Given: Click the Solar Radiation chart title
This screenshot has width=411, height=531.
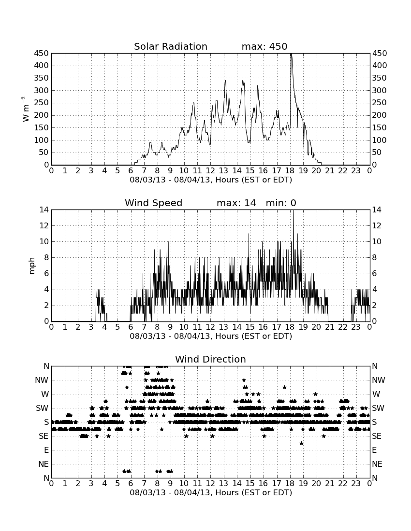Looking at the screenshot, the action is click(171, 46).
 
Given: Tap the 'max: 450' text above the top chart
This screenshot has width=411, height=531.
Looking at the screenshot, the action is click(264, 46).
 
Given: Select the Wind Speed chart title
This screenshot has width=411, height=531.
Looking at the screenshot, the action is click(154, 203).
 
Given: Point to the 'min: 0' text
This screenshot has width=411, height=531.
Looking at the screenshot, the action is click(281, 203).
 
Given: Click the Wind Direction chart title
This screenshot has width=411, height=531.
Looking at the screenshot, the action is click(211, 359).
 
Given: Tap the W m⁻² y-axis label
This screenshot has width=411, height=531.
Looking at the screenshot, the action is click(25, 109).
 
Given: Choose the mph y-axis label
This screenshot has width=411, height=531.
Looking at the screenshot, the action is click(32, 266).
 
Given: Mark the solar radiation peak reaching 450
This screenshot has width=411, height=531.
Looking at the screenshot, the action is click(291, 54).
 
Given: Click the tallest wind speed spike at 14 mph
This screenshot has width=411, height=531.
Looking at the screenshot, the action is click(294, 211).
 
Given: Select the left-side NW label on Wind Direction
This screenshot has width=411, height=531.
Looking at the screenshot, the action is click(42, 380).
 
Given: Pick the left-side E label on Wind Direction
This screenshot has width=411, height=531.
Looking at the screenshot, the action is click(46, 450).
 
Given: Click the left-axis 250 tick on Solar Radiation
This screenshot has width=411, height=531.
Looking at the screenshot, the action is click(42, 103).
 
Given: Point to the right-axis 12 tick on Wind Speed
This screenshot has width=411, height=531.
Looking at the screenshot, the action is click(376, 225).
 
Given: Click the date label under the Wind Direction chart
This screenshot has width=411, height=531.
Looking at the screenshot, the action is click(211, 492).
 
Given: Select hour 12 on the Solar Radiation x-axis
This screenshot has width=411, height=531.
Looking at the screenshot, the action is click(210, 171).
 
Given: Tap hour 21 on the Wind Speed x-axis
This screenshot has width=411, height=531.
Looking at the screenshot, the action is click(330, 327).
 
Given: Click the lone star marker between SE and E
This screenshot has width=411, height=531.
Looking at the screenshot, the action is click(301, 443).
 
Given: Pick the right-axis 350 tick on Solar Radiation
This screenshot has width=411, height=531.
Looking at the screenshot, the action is click(380, 78).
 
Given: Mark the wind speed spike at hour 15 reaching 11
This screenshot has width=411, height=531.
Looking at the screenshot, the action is click(249, 234).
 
